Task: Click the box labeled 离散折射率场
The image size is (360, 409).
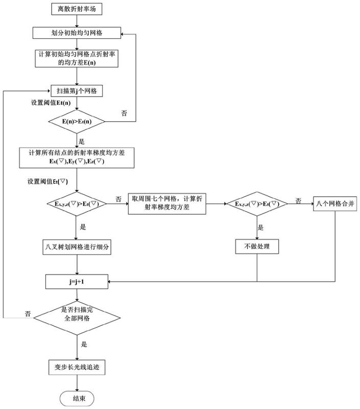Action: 77,8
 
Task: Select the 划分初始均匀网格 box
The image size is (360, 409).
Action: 77,33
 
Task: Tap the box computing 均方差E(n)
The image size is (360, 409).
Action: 77,58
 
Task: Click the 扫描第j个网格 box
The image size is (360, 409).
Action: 77,92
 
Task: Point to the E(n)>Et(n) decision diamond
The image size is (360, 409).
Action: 77,122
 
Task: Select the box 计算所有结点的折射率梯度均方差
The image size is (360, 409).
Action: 77,157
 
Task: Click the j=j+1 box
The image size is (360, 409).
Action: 77,281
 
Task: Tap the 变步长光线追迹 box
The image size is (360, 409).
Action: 77,366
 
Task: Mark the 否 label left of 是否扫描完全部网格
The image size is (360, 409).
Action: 29,312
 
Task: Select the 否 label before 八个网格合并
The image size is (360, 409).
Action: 299,199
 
